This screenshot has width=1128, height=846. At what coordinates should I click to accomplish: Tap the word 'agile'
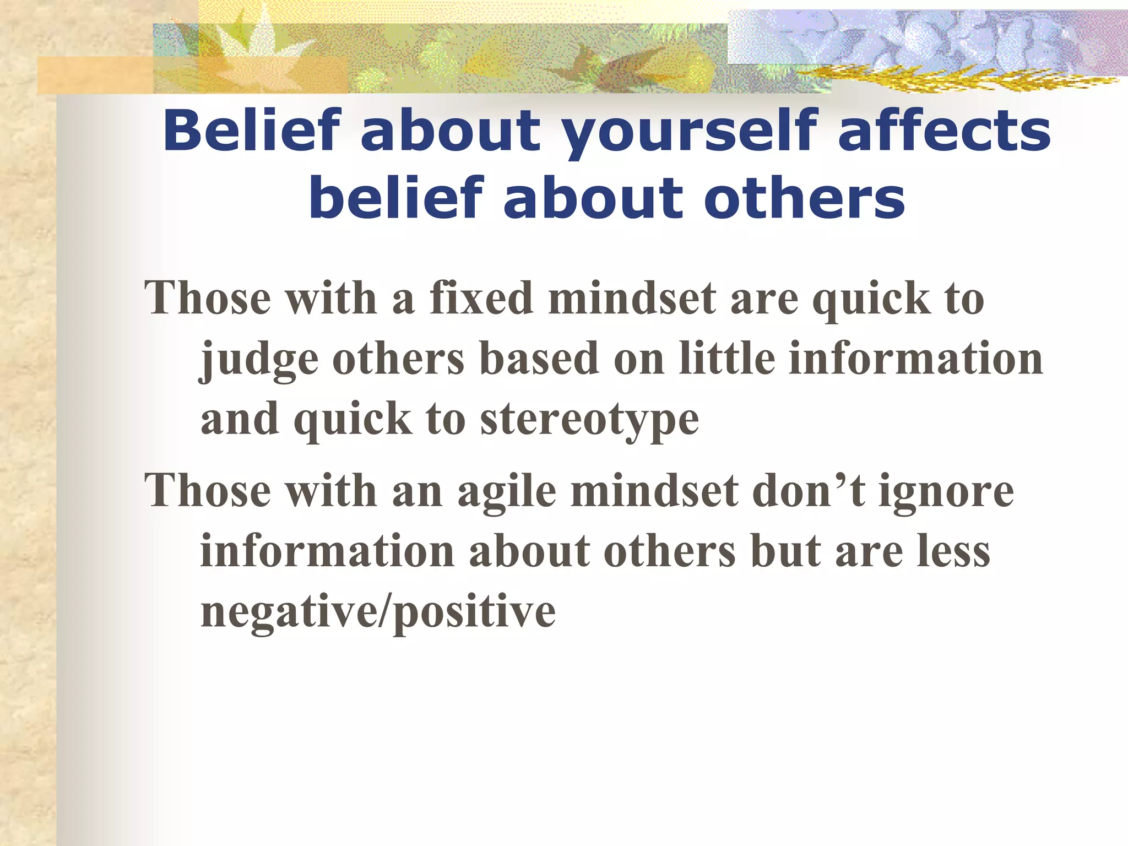coord(507,492)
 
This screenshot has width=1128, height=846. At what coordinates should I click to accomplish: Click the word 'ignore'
coord(946,492)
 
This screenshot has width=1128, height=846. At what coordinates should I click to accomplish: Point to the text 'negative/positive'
coord(378,612)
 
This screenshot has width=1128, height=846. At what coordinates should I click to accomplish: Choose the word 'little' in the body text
coord(727,359)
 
